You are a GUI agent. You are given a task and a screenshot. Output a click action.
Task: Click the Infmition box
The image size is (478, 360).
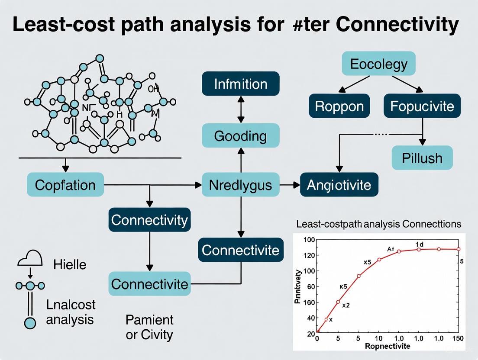tap(241, 84)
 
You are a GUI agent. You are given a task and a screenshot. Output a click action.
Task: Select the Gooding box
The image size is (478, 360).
tap(241, 136)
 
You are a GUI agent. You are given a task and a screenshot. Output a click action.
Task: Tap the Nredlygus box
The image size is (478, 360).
tap(241, 185)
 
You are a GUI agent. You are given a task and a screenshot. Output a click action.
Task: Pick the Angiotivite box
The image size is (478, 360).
tap(339, 185)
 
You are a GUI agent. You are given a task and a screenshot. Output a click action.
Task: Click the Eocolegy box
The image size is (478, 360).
tap(379, 64)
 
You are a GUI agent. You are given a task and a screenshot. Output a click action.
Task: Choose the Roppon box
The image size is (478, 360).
tap(339, 106)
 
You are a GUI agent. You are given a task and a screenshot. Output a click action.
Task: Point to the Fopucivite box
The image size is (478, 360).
tap(422, 106)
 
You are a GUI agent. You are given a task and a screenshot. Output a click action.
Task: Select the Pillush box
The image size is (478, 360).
tap(422, 157)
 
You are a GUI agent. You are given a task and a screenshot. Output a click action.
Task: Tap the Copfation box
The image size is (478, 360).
tap(65, 185)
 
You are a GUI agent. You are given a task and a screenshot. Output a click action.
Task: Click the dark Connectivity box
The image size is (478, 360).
tap(149, 220)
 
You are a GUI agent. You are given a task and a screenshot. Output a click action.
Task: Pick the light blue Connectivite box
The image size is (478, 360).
tap(149, 284)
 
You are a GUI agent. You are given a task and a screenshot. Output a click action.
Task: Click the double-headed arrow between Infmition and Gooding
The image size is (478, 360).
tap(241, 110)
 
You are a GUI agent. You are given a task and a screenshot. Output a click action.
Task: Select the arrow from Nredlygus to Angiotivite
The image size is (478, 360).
tap(290, 185)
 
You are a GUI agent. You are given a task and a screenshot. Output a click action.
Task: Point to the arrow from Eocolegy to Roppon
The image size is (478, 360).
tap(353, 84)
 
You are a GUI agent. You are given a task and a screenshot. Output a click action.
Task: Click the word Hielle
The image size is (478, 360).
tap(70, 264)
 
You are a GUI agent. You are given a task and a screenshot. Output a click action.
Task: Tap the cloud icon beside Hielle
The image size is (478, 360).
tap(30, 258)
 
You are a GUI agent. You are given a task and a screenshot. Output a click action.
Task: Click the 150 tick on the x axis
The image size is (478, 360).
tap(458, 338)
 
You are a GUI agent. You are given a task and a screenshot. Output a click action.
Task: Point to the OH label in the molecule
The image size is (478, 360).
tap(153, 89)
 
